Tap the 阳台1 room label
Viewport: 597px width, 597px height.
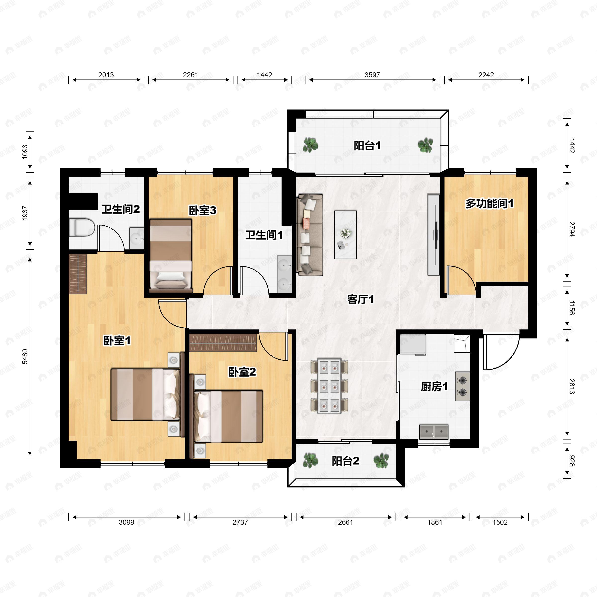[x=367, y=146]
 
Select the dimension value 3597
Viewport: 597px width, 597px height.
[x=372, y=75]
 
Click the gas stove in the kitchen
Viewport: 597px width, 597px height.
[x=462, y=386]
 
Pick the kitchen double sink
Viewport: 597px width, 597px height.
[x=434, y=432]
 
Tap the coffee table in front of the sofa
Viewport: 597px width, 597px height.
[x=346, y=235]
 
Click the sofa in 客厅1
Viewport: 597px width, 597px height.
[x=310, y=235]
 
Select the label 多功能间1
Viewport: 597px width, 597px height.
[x=490, y=204]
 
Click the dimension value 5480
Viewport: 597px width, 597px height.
[x=25, y=357]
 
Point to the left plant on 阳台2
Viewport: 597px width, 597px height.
[x=310, y=460]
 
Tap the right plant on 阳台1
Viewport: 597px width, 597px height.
[x=426, y=145]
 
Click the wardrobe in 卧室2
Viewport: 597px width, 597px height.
[x=223, y=343]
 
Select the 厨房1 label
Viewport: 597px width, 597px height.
[x=434, y=387]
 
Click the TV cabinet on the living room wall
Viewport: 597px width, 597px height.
[x=433, y=235]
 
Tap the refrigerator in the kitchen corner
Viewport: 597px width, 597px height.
[x=413, y=344]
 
